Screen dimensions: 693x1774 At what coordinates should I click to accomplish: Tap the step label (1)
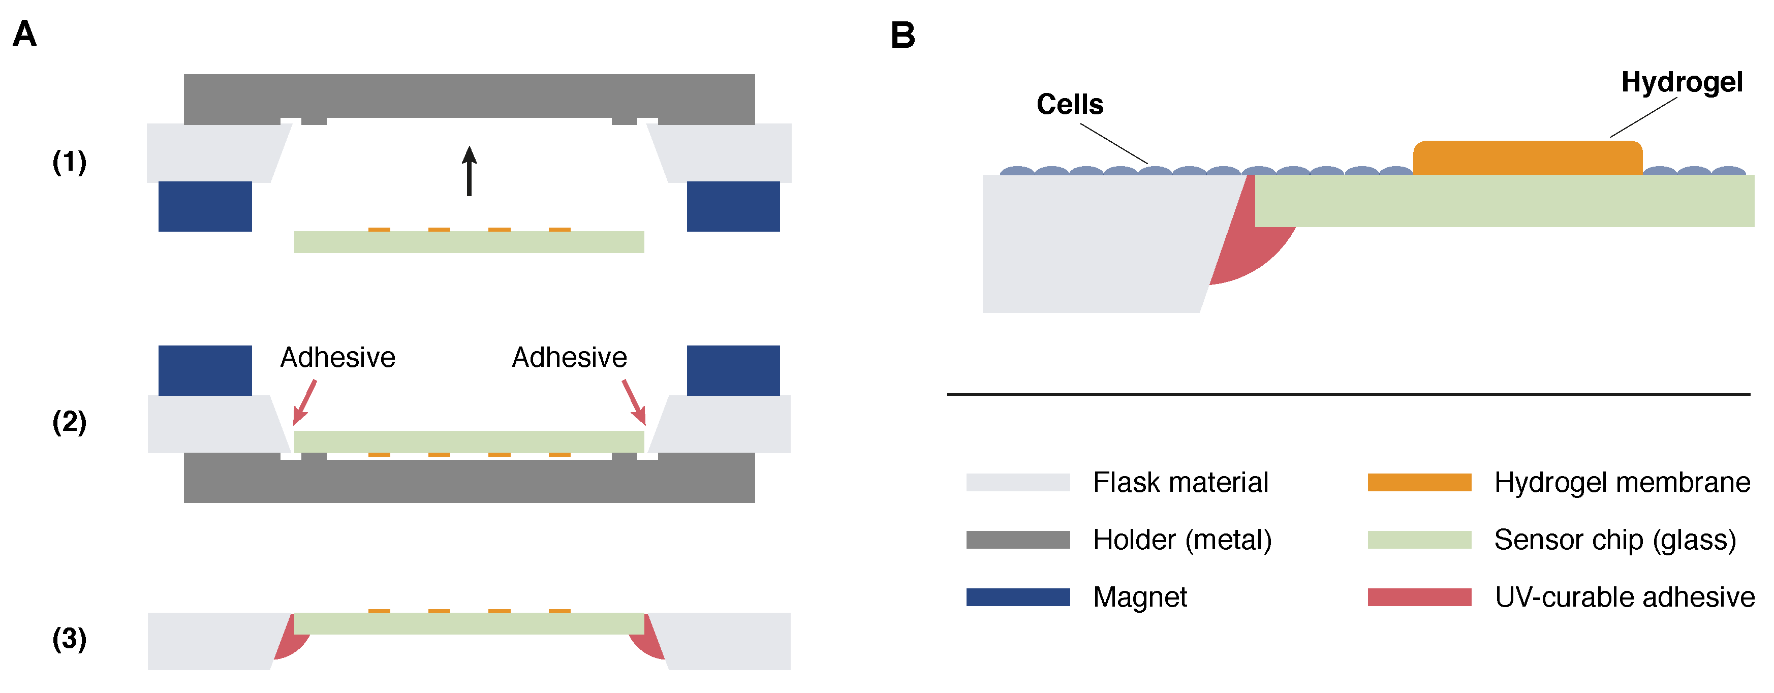[x=70, y=162]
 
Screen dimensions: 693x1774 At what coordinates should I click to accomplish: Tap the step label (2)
[x=70, y=422]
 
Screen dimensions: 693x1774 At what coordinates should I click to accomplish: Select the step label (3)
[x=70, y=639]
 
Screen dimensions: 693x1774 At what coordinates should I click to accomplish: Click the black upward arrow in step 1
[x=469, y=170]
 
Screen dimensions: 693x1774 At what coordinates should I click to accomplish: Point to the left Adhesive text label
[x=337, y=358]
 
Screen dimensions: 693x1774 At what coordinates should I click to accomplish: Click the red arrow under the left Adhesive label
[x=305, y=401]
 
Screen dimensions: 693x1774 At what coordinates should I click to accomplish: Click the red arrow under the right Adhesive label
[x=634, y=401]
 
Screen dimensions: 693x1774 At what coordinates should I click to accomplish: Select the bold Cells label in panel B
[x=1070, y=105]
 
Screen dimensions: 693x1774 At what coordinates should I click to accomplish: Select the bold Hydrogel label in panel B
[x=1682, y=82]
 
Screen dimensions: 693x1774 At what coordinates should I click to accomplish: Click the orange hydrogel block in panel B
[x=1528, y=157]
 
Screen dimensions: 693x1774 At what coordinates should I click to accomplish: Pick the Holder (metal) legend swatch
[x=1017, y=540]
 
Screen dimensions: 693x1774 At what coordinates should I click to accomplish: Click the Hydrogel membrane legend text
[x=1622, y=482]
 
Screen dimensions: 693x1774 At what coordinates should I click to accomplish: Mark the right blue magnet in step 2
[x=733, y=370]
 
